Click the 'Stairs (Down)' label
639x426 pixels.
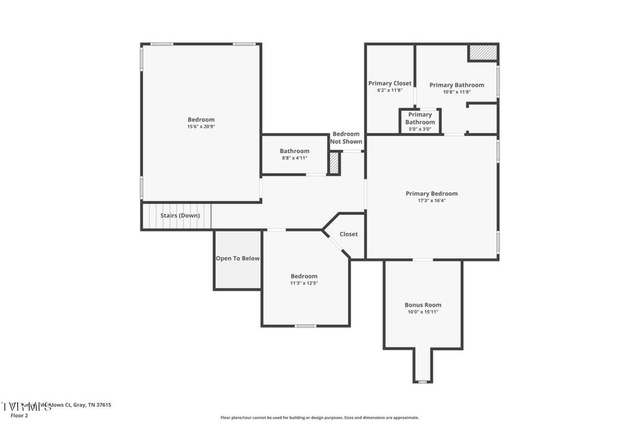180,216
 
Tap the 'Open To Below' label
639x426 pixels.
237,258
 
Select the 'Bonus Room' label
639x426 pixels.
423,305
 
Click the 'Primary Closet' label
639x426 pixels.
390,83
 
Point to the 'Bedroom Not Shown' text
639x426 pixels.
346,138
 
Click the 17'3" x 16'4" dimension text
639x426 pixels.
431,200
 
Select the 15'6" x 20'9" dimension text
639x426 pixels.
201,126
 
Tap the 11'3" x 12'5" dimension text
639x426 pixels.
304,283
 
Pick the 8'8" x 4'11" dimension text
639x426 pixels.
295,158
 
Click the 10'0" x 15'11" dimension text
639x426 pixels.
423,312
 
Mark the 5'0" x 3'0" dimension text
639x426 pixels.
420,128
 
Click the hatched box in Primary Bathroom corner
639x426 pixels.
482,53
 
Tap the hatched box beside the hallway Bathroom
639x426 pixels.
334,164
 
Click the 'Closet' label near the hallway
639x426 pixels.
348,234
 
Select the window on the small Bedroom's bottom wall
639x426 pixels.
305,326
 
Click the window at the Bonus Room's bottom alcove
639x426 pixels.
422,381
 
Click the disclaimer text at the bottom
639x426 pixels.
320,418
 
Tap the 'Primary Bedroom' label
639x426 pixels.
431,194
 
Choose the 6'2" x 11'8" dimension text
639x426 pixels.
390,90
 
